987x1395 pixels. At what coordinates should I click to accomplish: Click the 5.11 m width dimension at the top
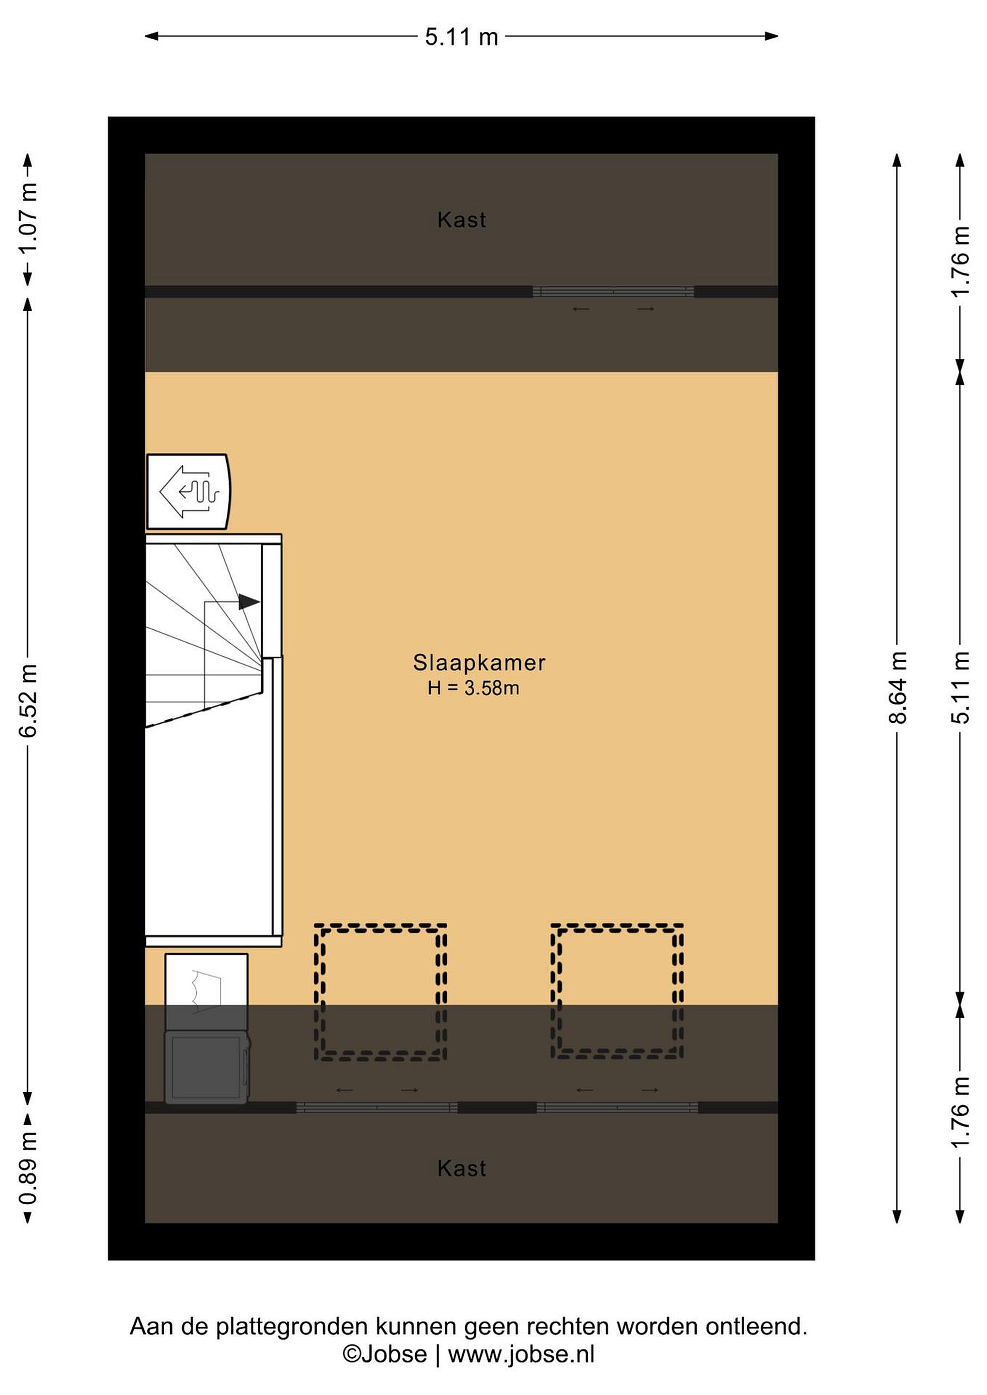tap(461, 37)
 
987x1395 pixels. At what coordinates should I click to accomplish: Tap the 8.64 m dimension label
tap(898, 687)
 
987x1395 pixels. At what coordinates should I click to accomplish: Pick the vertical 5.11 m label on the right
tap(960, 687)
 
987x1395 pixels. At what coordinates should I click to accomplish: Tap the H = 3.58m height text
tap(473, 688)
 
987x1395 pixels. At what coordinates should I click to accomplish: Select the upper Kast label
tap(462, 220)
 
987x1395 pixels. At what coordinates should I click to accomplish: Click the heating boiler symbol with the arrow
tap(188, 492)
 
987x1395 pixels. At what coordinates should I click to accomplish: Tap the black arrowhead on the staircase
tap(249, 602)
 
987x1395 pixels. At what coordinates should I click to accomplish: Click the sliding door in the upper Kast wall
tap(613, 292)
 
